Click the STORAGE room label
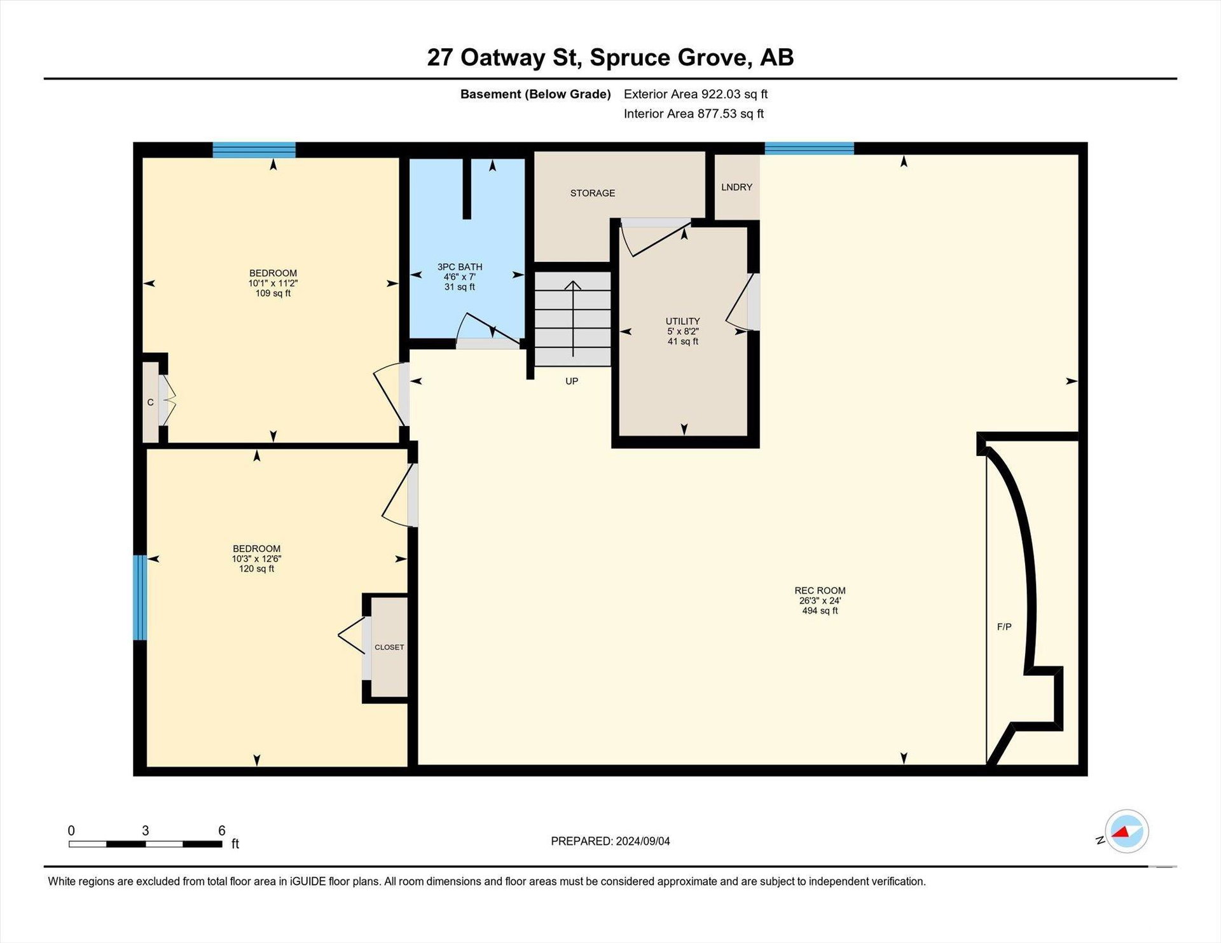[592, 193]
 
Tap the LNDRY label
[736, 187]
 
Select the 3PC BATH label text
[460, 267]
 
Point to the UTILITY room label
[683, 321]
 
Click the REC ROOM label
[820, 590]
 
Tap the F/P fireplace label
[1004, 626]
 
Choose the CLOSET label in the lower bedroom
[389, 647]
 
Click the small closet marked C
[151, 402]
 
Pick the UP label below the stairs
[572, 381]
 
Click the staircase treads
[572, 319]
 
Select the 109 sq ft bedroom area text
[273, 293]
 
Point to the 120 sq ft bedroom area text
[256, 568]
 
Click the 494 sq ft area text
[820, 610]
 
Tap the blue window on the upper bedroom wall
[254, 150]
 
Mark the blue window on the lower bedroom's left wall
[140, 598]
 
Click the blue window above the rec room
[809, 148]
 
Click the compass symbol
[1126, 831]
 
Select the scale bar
[146, 844]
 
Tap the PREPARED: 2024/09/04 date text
[610, 841]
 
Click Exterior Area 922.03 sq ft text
[696, 94]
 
